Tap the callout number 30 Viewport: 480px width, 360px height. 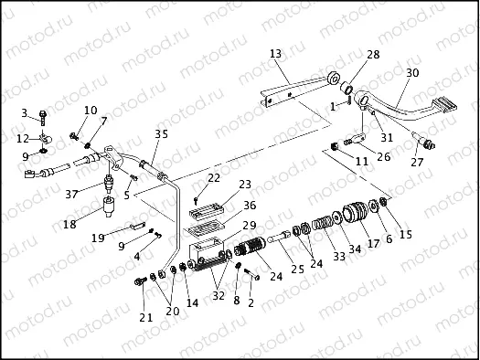411,73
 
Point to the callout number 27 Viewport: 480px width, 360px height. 418,163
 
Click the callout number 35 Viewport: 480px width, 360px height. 161,135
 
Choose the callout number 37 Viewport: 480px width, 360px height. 71,193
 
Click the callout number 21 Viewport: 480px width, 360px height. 145,317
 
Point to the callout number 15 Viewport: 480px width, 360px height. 406,234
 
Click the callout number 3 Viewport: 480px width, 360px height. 26,112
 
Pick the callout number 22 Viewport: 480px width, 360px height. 213,177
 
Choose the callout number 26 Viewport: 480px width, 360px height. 382,156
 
